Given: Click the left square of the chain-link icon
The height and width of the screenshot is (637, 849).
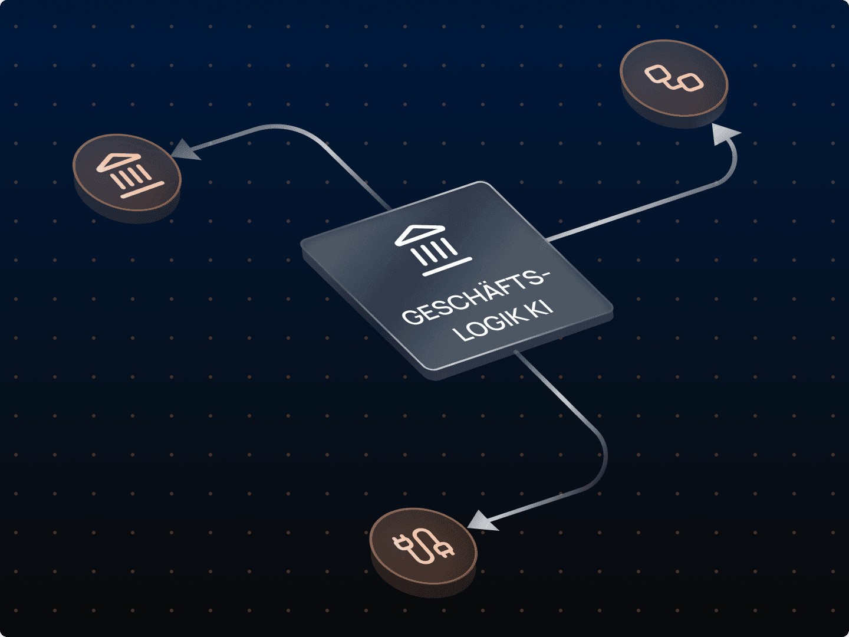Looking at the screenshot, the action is pyautogui.click(x=657, y=74).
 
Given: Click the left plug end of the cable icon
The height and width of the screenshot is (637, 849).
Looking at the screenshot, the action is pyautogui.click(x=402, y=542).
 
